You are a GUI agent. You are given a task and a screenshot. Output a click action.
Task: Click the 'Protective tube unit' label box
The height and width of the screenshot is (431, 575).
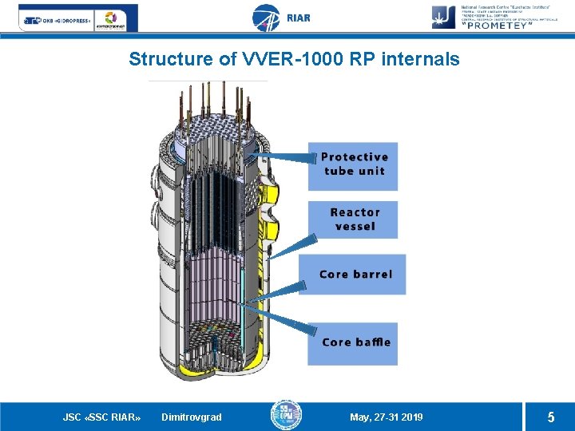pyautogui.click(x=353, y=165)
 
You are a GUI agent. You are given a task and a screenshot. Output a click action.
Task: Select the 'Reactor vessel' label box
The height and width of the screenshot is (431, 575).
pyautogui.click(x=353, y=219)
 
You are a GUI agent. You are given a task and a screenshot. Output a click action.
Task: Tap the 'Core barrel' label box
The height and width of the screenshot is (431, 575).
pyautogui.click(x=353, y=275)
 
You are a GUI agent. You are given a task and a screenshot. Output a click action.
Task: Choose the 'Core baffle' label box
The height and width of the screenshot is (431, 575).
pyautogui.click(x=353, y=342)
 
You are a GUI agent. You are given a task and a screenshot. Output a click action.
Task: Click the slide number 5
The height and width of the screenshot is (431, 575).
pyautogui.click(x=550, y=417)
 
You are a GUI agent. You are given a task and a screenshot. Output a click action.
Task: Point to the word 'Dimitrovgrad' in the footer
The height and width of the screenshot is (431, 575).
pyautogui.click(x=192, y=417)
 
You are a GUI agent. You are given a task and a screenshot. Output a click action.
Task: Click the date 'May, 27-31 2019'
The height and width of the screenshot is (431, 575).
pyautogui.click(x=387, y=417)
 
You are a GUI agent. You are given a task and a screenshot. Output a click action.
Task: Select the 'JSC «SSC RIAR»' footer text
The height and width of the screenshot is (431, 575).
pyautogui.click(x=102, y=417)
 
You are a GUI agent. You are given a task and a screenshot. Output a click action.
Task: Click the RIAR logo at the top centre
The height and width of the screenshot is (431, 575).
pyautogui.click(x=280, y=18)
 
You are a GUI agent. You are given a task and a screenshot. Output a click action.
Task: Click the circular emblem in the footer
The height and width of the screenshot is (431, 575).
pyautogui.click(x=286, y=415)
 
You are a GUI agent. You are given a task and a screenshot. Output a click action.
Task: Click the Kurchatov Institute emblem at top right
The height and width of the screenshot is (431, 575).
pyautogui.click(x=444, y=16)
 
